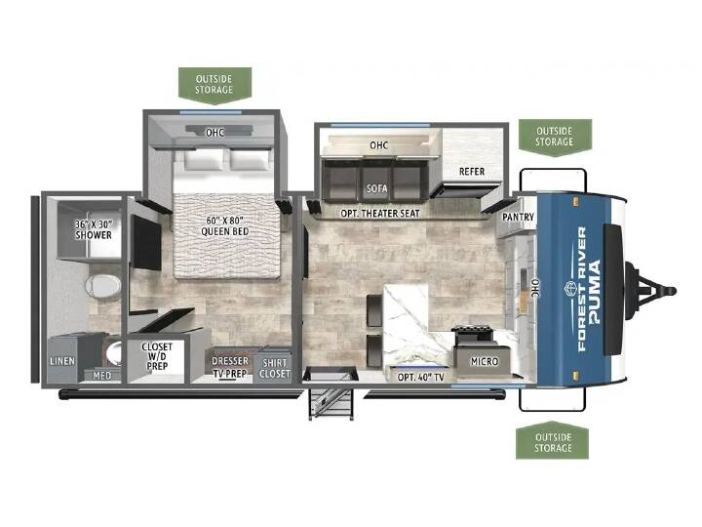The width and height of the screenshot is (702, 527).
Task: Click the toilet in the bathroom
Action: pyautogui.click(x=103, y=285)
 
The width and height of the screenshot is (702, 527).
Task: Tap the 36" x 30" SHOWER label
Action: pyautogui.click(x=94, y=229)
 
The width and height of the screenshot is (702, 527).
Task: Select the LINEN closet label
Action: pyautogui.click(x=62, y=361)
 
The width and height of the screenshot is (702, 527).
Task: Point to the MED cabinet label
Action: pyautogui.click(x=102, y=376)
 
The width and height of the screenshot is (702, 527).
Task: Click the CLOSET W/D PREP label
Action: pyautogui.click(x=157, y=356)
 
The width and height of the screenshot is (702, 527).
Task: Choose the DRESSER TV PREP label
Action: pyautogui.click(x=230, y=367)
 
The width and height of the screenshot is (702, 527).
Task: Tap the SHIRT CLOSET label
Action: pyautogui.click(x=274, y=368)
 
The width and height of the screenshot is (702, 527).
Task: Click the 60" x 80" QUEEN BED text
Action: pyautogui.click(x=224, y=226)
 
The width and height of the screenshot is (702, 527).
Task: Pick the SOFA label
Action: pyautogui.click(x=377, y=188)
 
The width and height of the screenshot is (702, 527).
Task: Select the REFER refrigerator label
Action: pyautogui.click(x=472, y=172)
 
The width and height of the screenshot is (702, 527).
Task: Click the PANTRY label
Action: pyautogui.click(x=518, y=217)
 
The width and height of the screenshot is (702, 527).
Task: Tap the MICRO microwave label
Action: pyautogui.click(x=484, y=361)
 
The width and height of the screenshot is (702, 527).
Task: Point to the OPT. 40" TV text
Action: pyautogui.click(x=420, y=378)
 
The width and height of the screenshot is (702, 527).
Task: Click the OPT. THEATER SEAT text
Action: pyautogui.click(x=380, y=214)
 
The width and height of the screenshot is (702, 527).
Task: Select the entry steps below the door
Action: pyautogui.click(x=331, y=404)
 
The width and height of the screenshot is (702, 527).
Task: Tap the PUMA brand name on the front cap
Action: pyautogui.click(x=594, y=292)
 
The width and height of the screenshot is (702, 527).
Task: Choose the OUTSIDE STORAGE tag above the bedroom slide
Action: pyautogui.click(x=214, y=85)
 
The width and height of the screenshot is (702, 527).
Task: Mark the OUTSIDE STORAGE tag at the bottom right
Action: pyautogui.click(x=553, y=441)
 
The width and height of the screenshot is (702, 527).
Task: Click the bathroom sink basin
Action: pyautogui.click(x=114, y=354)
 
